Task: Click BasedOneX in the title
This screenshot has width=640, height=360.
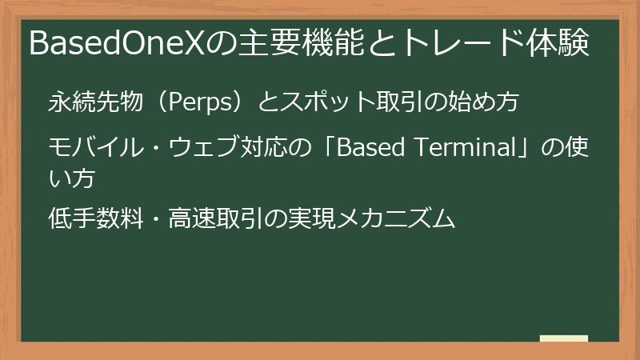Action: click(116, 44)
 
